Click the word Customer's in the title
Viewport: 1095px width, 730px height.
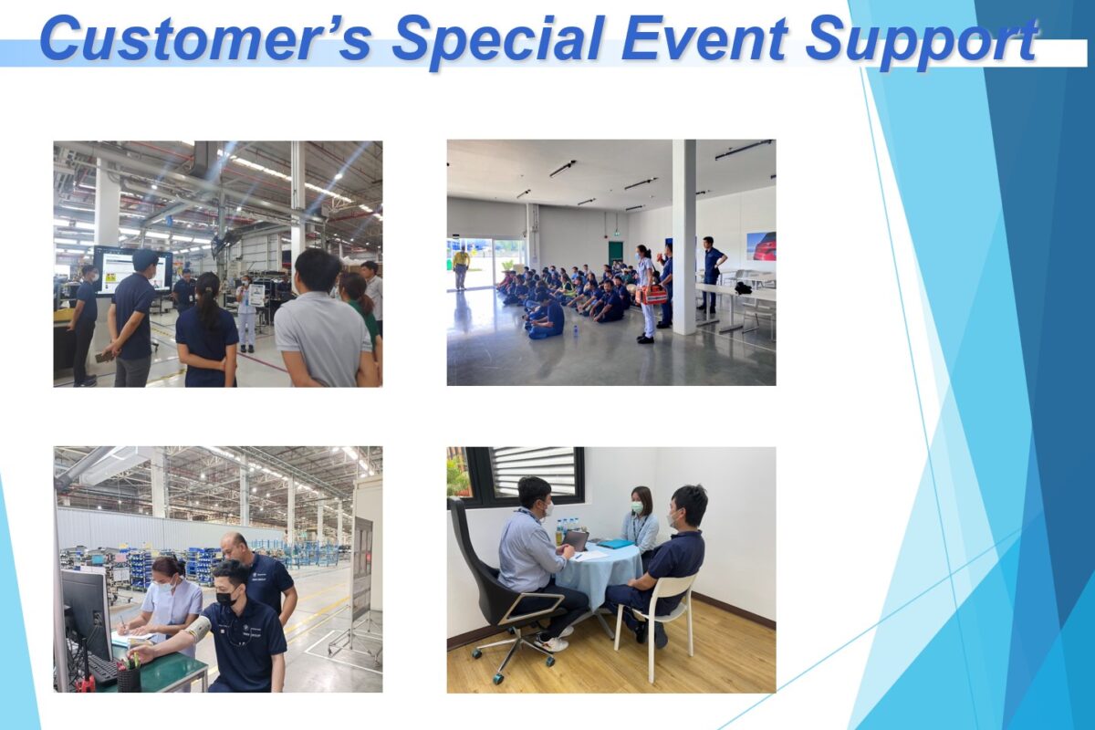(205, 39)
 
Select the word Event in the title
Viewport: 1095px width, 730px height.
(704, 39)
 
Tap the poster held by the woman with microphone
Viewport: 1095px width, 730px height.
(256, 296)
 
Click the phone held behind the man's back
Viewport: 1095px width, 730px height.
(103, 357)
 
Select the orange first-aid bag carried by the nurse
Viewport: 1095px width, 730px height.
(654, 295)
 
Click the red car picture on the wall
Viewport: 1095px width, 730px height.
(761, 246)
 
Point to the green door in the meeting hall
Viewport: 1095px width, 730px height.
(615, 255)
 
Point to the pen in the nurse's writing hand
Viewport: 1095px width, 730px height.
(123, 623)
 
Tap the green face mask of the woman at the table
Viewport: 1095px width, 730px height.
(637, 508)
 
